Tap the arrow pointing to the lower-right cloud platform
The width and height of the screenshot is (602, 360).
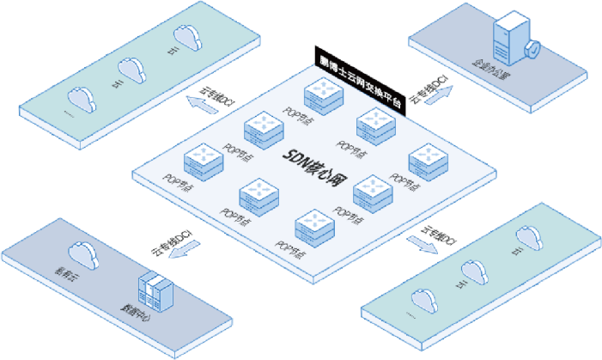pos(420,244)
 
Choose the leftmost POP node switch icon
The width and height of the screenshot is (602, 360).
pos(204,160)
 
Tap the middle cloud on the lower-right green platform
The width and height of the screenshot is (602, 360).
pos(474,269)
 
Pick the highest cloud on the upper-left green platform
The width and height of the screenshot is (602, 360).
pos(186,37)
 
